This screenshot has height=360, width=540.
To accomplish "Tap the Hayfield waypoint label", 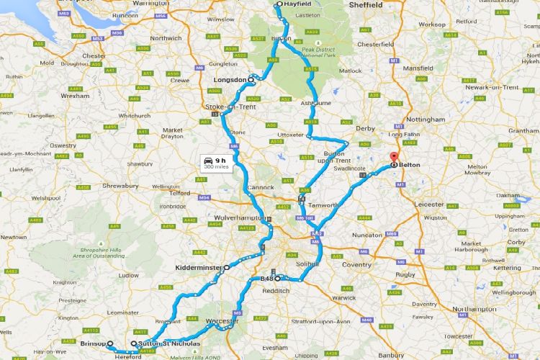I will click(x=297, y=4).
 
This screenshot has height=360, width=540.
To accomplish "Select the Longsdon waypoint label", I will click(x=230, y=79).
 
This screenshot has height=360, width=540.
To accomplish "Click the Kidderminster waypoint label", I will click(x=199, y=267).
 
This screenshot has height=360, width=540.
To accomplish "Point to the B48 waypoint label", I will click(x=266, y=277).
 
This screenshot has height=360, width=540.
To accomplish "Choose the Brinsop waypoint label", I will click(x=93, y=343).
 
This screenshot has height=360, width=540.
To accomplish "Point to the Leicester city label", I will click(x=429, y=204).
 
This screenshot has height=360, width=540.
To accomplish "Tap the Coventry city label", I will click(x=356, y=265).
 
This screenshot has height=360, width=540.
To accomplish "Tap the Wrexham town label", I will click(x=75, y=95).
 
